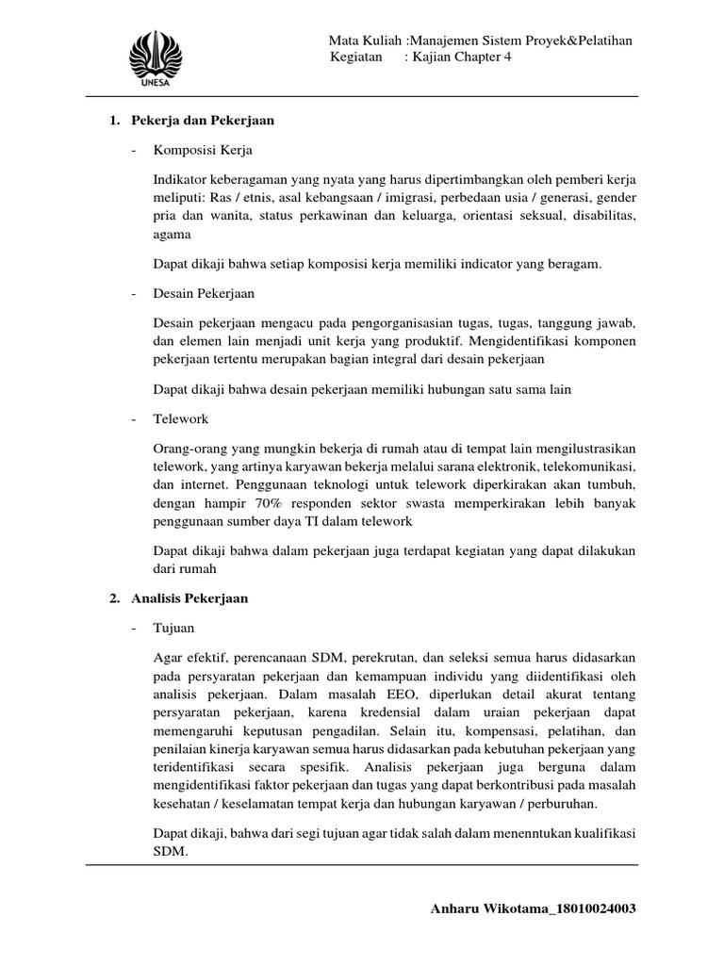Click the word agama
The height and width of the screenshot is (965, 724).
point(171,236)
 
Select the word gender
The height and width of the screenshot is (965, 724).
point(617,200)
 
